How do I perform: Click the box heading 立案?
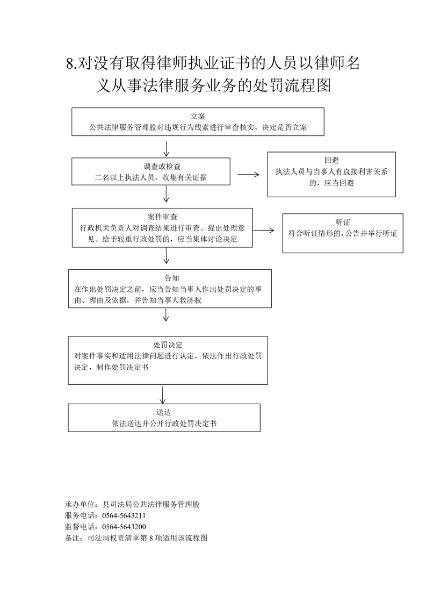[198, 116]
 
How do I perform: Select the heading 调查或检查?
[162, 167]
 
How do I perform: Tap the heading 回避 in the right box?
[331, 160]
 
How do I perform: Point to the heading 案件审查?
[162, 217]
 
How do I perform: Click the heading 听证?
[343, 222]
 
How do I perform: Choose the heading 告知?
[172, 278]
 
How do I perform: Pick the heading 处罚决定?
[168, 345]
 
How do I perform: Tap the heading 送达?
[163, 412]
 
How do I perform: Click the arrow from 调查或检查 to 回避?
[248, 175]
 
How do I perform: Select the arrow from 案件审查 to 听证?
[263, 231]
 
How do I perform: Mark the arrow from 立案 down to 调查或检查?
[166, 148]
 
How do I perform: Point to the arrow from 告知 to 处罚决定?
[166, 315]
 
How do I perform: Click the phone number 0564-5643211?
[124, 516]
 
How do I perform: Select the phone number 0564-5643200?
[124, 527]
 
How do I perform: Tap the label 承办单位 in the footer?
[80, 505]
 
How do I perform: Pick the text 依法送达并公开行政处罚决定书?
[164, 423]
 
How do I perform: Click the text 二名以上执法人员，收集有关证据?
[151, 178]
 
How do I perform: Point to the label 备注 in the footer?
[73, 538]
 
